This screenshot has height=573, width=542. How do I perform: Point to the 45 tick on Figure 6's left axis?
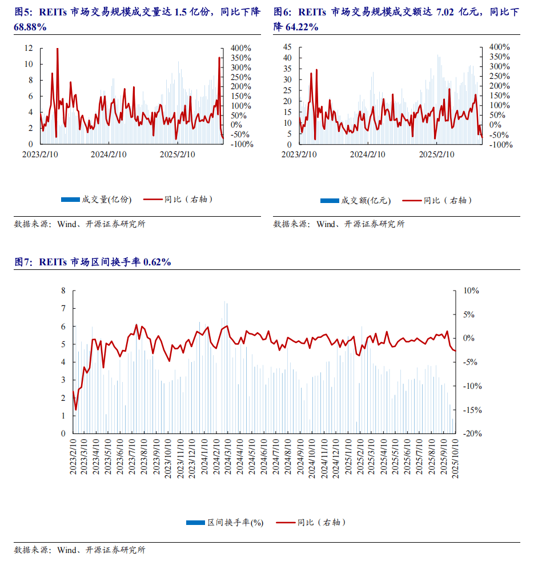coord(287,47)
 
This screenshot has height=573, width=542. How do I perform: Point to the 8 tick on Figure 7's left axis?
coord(64,291)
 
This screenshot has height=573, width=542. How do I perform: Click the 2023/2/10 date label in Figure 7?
coord(74,456)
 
